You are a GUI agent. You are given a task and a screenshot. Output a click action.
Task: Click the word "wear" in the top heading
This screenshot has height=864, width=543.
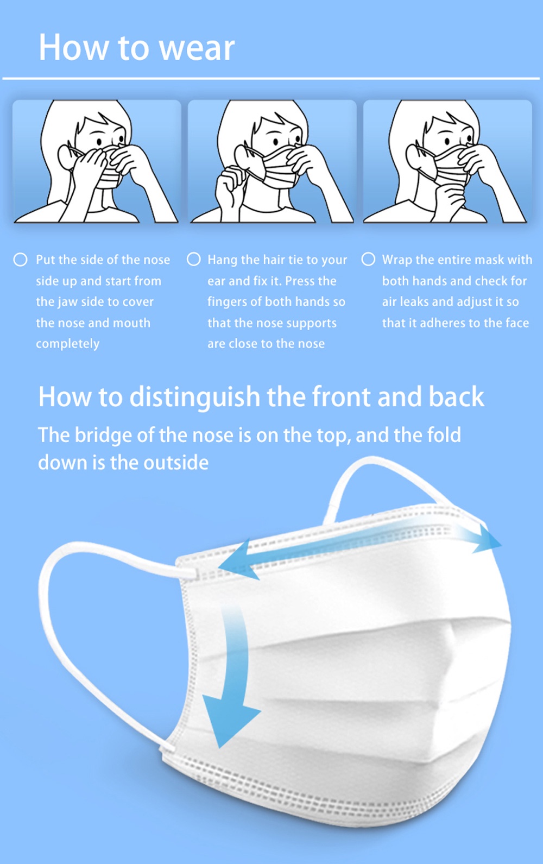pos(197,48)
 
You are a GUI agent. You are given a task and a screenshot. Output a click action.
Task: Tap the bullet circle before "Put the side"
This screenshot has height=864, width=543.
pos(21,260)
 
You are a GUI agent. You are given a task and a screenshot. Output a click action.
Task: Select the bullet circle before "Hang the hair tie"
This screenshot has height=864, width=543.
pos(194,259)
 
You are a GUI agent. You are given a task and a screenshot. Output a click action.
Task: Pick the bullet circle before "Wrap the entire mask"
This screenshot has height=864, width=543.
pos(368,259)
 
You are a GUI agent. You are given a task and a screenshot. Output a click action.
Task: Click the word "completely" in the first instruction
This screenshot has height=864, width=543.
pos(67,343)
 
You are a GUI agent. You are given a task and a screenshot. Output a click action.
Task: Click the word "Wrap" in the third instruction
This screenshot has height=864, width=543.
pos(397,260)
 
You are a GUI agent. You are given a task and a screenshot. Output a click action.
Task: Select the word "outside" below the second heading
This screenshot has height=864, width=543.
pos(176,463)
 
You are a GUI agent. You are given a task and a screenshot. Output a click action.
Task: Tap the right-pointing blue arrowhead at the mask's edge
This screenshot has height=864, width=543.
pos(487,538)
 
